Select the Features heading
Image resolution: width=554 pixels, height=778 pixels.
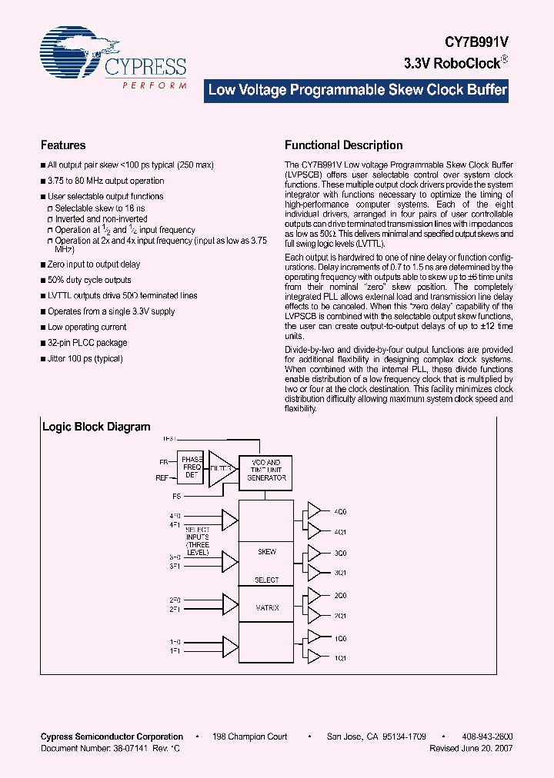[63, 145]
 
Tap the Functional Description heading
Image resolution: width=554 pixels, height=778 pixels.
[343, 145]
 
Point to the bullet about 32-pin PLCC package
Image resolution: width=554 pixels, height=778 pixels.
[87, 343]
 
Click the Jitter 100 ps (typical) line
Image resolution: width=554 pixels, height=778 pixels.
[85, 358]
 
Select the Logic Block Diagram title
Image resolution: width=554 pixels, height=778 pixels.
[96, 427]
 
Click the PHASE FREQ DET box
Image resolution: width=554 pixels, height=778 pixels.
[192, 467]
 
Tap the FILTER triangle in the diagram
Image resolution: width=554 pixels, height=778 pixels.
[222, 467]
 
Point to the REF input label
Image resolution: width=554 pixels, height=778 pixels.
[162, 477]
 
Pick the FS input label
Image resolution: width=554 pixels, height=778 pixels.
[177, 497]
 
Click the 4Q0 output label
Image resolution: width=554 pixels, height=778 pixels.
[340, 511]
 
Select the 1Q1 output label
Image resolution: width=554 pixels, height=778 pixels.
[340, 657]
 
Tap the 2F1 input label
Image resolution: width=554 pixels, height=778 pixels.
[175, 608]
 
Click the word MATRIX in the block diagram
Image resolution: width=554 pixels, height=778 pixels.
[267, 608]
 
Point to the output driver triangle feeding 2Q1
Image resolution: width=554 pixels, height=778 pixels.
[314, 614]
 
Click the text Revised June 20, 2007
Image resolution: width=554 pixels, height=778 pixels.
[471, 747]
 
